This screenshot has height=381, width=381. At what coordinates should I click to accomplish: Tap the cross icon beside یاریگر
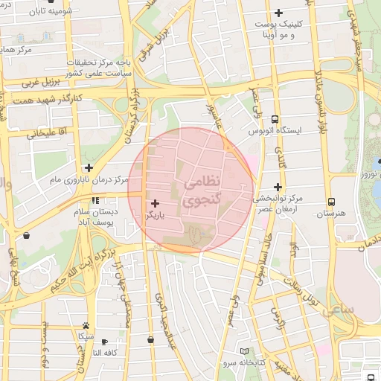(155, 203)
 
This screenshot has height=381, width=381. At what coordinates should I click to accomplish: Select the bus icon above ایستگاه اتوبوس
(276, 119)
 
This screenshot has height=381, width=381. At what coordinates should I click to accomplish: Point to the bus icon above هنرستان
(331, 202)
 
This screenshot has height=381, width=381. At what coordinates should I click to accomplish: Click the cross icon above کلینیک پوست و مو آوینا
(279, 13)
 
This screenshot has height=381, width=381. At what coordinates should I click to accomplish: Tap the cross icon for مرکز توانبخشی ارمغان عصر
(278, 187)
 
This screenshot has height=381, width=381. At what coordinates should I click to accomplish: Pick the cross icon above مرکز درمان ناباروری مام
(89, 167)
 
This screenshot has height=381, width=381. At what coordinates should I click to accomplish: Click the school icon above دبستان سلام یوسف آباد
(95, 202)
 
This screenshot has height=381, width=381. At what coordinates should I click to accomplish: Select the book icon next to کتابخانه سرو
(246, 350)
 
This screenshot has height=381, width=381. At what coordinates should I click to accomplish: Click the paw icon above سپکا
(87, 326)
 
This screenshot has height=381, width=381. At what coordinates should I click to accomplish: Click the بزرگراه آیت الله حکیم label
(82, 269)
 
